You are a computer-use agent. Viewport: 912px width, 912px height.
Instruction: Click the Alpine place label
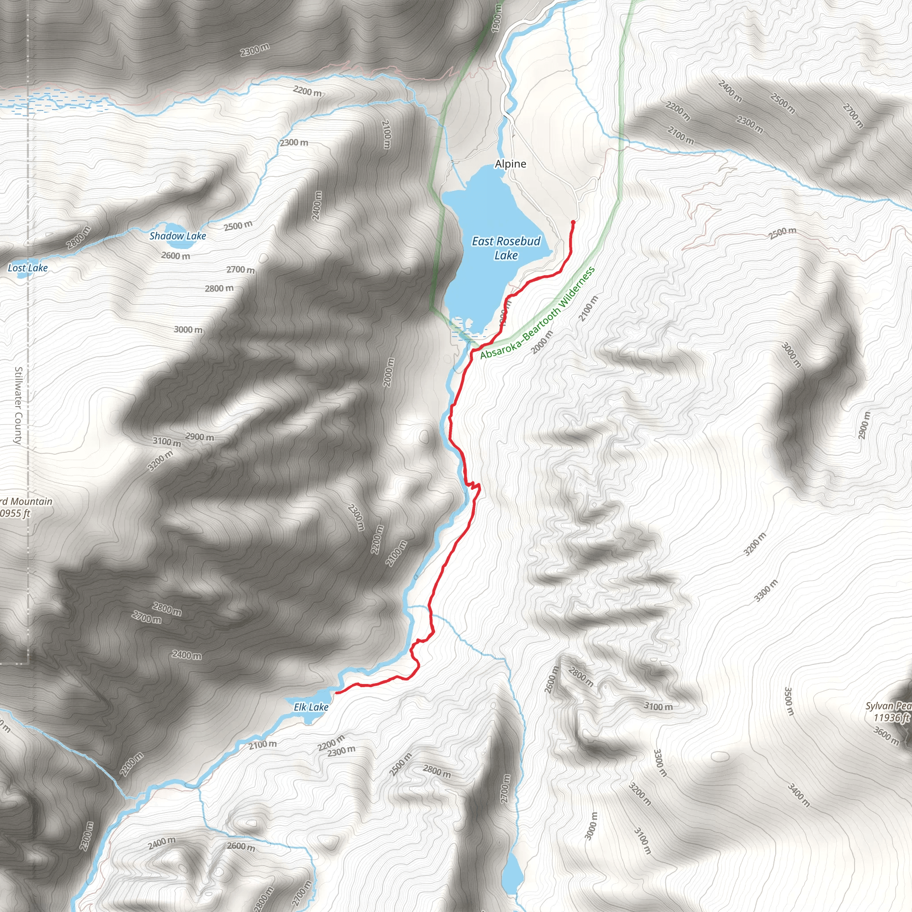(510, 164)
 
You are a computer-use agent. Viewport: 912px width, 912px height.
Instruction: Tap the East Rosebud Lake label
(506, 248)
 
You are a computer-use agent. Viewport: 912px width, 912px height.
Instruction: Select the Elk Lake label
(311, 707)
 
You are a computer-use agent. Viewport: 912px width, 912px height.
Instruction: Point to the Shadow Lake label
(178, 236)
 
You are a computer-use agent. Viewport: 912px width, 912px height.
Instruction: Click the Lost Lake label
(28, 268)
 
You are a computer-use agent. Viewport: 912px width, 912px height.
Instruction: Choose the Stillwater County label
(18, 406)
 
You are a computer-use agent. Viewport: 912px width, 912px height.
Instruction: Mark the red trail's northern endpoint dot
(573, 222)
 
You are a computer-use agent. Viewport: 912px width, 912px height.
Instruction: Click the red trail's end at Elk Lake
(337, 692)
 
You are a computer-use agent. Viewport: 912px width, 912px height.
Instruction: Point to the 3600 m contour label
(886, 736)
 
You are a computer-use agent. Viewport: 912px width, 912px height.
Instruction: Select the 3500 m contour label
(789, 701)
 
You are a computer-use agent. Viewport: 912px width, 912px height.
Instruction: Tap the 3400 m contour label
(798, 795)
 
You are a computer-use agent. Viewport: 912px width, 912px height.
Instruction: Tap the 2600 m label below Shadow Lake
(175, 256)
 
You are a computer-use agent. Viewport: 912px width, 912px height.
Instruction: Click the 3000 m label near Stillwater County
(188, 330)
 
